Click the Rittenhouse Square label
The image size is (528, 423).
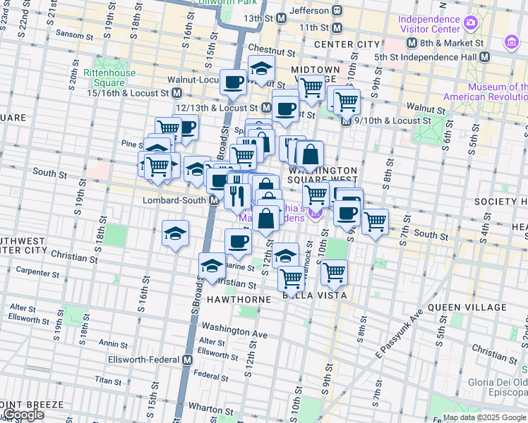point(104,78)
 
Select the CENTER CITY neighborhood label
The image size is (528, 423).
point(347,44)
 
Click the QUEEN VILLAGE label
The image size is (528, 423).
point(467,307)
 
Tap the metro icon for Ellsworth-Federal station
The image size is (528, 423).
point(187,360)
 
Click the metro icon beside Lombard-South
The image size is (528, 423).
point(213,201)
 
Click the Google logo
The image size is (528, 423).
point(23,415)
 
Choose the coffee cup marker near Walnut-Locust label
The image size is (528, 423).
point(233,82)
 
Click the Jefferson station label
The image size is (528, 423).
point(309,11)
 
